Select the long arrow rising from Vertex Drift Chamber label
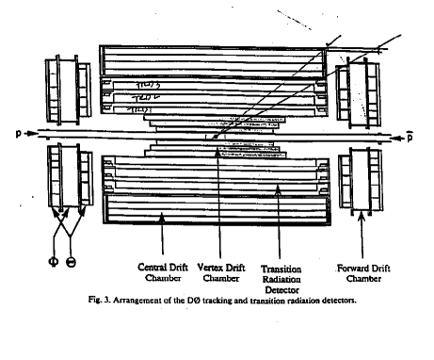[217, 188]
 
